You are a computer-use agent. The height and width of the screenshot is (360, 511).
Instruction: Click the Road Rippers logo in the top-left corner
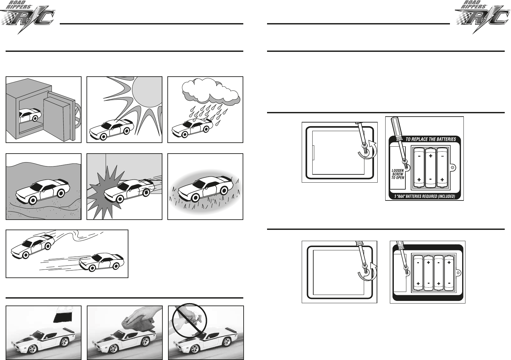click(x=27, y=17)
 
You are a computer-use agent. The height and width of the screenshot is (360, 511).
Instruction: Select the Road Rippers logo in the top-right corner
click(x=483, y=17)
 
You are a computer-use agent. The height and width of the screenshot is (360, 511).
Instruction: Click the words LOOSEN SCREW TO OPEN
click(x=398, y=174)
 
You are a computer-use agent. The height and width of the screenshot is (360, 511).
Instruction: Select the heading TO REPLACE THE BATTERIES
click(x=430, y=139)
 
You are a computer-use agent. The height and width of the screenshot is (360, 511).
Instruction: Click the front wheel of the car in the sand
click(x=32, y=200)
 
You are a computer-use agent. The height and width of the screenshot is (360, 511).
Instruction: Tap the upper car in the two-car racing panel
click(x=33, y=246)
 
